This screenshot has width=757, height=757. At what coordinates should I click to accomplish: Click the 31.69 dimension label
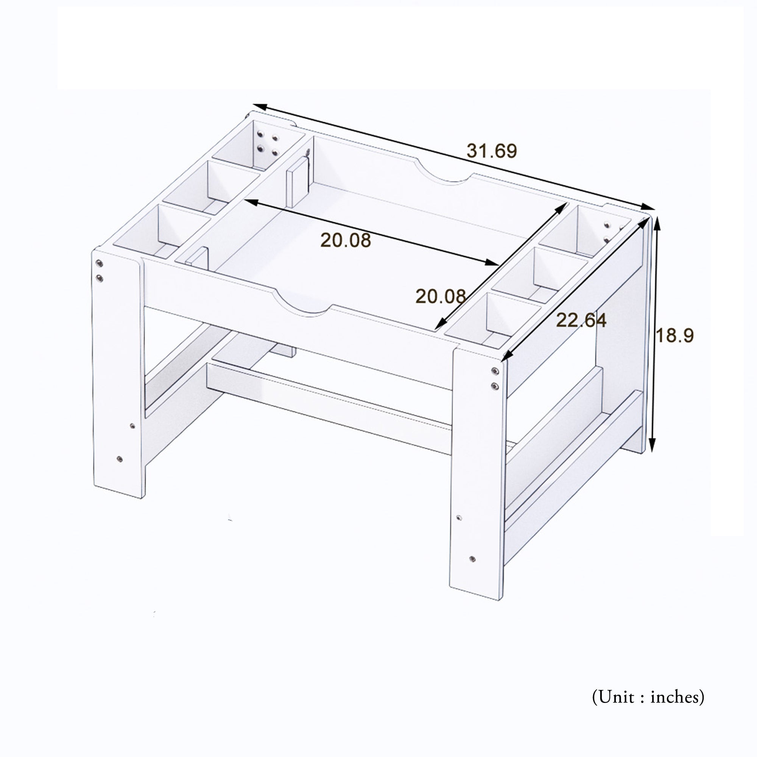[x=492, y=151]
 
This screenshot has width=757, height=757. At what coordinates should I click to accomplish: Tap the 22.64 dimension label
[x=581, y=321]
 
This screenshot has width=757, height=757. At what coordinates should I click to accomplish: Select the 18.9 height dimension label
[x=675, y=335]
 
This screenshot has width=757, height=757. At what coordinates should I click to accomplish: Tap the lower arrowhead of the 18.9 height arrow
[x=652, y=445]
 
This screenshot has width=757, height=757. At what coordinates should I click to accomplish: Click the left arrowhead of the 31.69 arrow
[x=260, y=107]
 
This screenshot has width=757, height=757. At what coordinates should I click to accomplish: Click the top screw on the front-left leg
[x=100, y=263]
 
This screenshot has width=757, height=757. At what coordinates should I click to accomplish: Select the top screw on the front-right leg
[x=495, y=371]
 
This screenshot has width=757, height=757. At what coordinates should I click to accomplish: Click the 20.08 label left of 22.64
[x=441, y=296]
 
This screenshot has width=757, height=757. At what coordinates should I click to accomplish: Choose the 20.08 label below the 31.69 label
[x=346, y=240]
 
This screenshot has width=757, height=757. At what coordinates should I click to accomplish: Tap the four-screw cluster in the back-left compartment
[x=267, y=143]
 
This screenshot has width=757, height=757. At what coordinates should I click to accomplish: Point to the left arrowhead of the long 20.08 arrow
[x=251, y=202]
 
